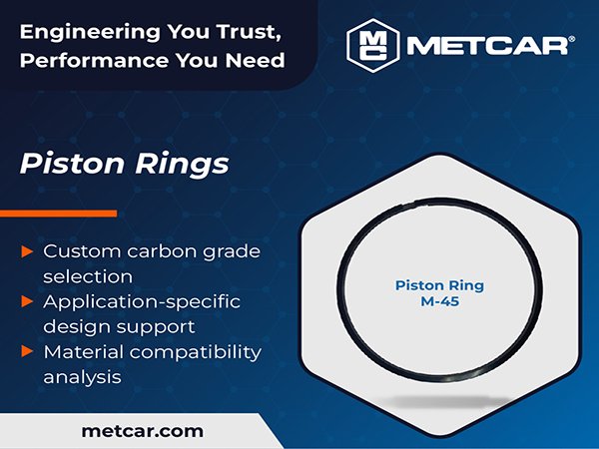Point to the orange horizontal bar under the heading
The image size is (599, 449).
click(58, 213)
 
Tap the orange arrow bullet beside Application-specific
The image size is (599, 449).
click(26, 300)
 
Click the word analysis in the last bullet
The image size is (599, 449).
click(81, 377)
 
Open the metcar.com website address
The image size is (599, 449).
click(141, 431)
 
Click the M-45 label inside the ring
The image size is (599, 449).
click(438, 303)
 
